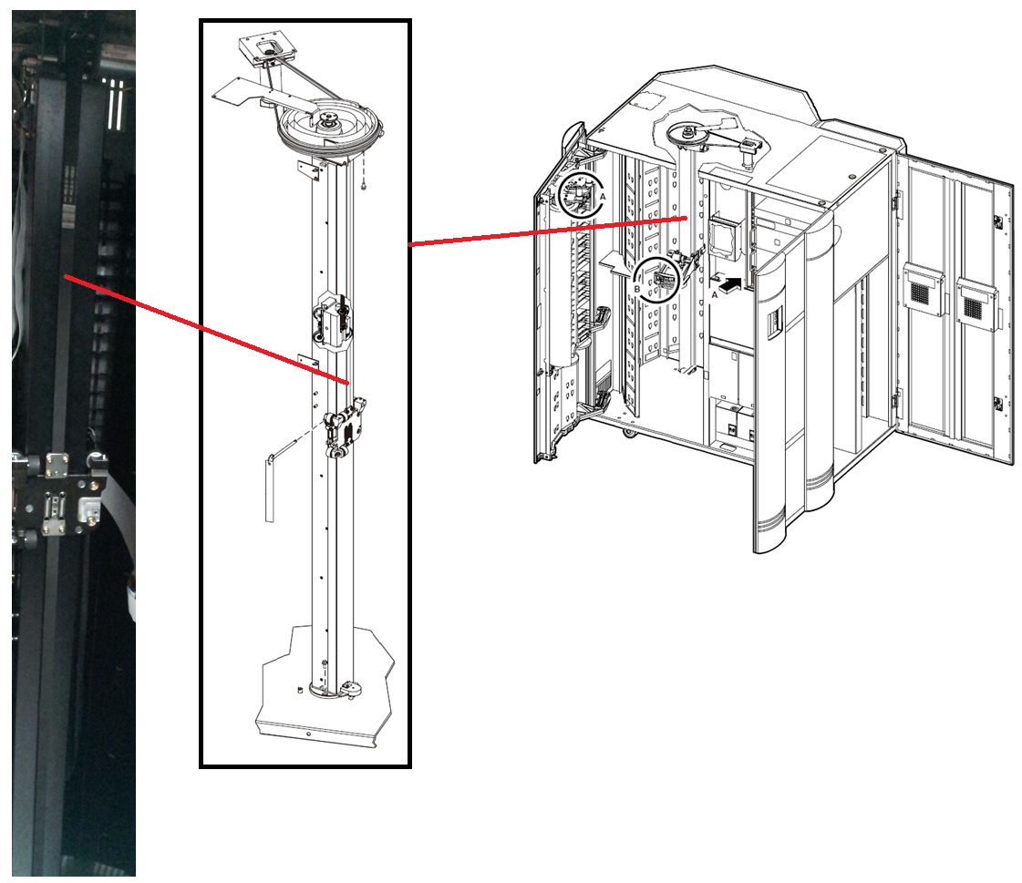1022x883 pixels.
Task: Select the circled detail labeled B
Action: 657,280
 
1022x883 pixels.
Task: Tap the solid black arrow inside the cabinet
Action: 728,284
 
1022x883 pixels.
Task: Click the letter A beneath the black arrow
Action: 715,295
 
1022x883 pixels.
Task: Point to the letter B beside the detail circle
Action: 637,290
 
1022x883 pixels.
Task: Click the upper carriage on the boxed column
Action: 333,320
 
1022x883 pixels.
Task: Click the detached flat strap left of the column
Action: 270,488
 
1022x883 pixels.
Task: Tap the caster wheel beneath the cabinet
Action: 629,431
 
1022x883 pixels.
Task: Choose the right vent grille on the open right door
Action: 976,303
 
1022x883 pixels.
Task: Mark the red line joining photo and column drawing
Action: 207,330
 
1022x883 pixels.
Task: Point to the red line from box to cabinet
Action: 548,231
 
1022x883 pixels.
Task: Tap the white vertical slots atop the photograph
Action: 115,103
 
